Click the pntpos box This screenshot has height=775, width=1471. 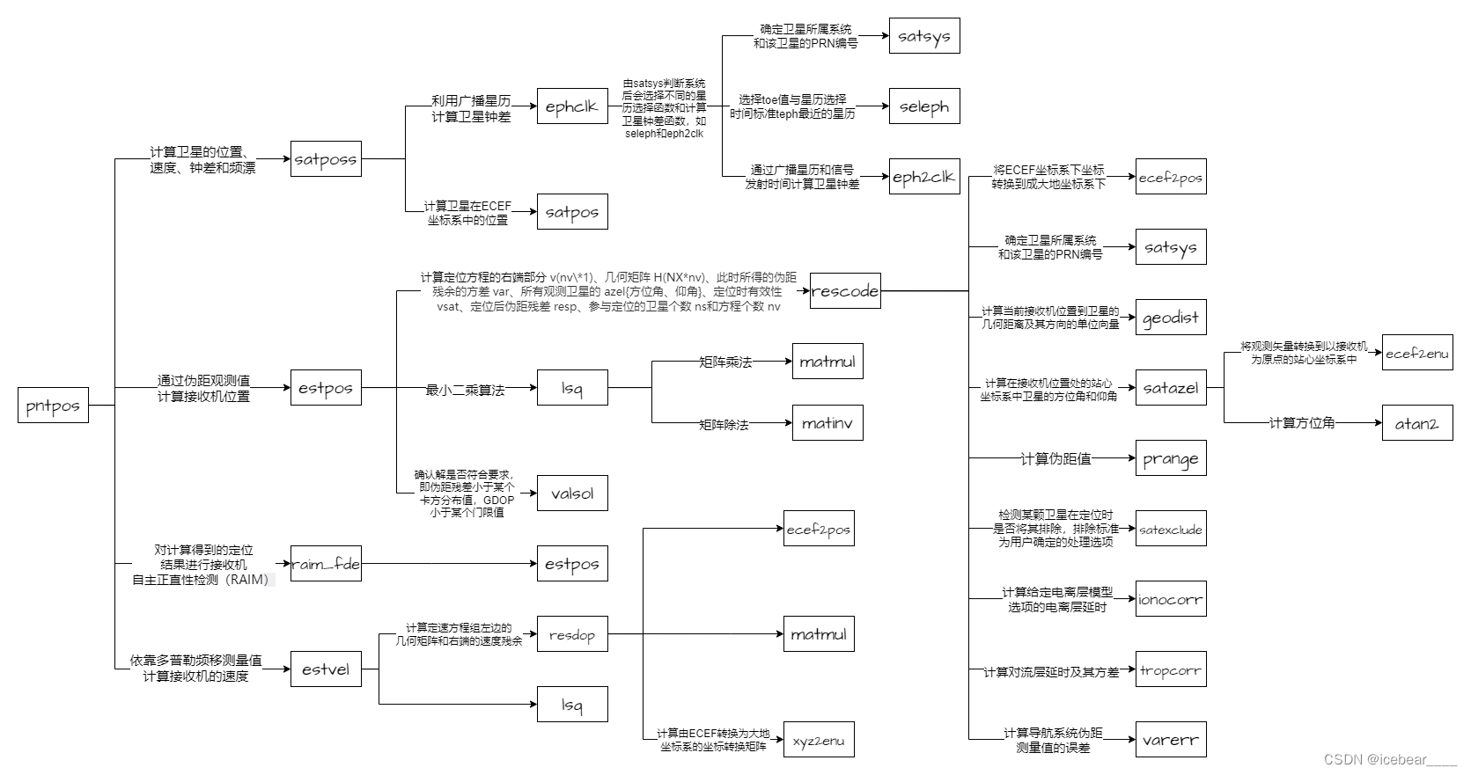tap(53, 406)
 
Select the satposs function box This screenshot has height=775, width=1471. tap(326, 159)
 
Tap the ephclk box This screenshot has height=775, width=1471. tap(572, 106)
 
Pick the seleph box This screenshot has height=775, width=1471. tap(924, 106)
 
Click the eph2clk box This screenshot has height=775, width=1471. tap(924, 177)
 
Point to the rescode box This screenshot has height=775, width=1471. tap(845, 291)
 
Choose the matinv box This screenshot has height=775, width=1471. tap(827, 423)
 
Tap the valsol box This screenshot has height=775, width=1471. tap(572, 494)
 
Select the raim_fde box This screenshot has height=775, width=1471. tap(326, 564)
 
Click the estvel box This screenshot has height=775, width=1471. tap(326, 669)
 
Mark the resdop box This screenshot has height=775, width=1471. tap(572, 634)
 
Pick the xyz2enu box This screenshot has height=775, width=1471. tap(819, 740)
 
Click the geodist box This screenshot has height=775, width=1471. tap(1171, 318)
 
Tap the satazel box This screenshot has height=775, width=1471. tap(1171, 388)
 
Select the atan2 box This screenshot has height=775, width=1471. tap(1417, 423)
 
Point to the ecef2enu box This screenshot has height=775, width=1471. tap(1417, 353)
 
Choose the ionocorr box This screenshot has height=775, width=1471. tap(1171, 599)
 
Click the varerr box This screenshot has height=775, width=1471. tap(1171, 740)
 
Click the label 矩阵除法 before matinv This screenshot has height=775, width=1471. tap(724, 425)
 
